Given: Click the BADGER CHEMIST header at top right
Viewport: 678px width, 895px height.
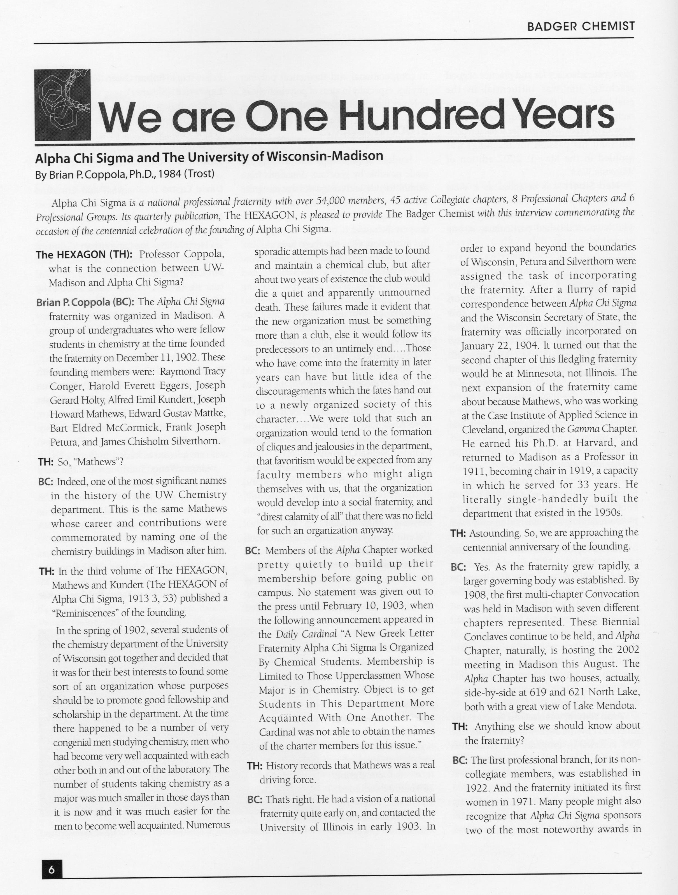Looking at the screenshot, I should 581,26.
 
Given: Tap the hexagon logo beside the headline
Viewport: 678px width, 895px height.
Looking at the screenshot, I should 62,105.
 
